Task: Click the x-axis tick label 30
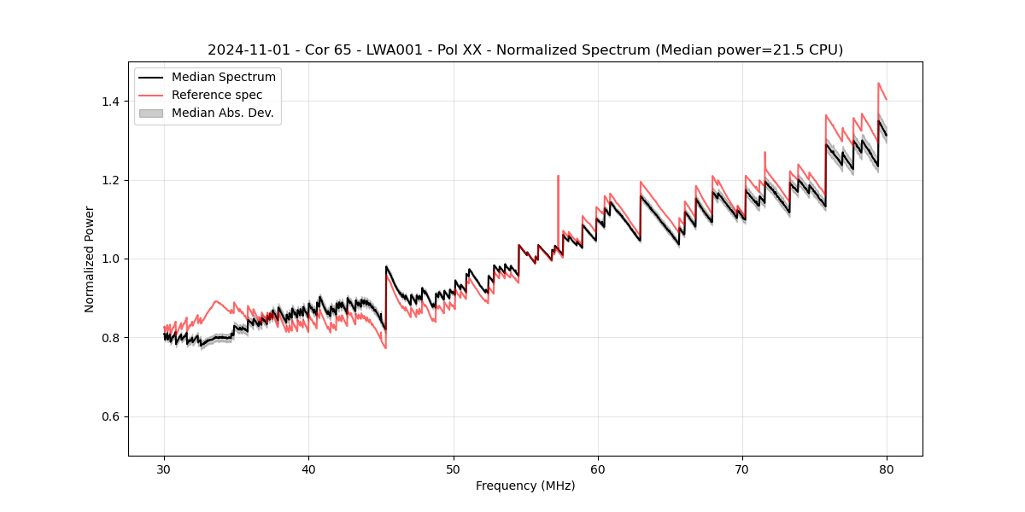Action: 164,469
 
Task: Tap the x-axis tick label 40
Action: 308,469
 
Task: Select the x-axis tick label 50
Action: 454,469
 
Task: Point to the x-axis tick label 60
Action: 598,469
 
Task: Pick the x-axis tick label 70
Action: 742,469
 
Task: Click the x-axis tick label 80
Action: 887,469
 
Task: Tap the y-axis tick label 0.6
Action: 110,416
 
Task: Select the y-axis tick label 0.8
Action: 110,338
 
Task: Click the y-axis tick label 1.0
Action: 110,259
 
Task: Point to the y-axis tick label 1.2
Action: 110,180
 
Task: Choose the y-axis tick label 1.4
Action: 110,102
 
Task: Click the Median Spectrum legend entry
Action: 224,78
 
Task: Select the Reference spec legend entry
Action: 217,96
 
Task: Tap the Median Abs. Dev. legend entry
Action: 223,113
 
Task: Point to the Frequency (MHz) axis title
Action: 525,486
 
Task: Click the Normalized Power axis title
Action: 89,259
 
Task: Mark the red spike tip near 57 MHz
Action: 558,176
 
